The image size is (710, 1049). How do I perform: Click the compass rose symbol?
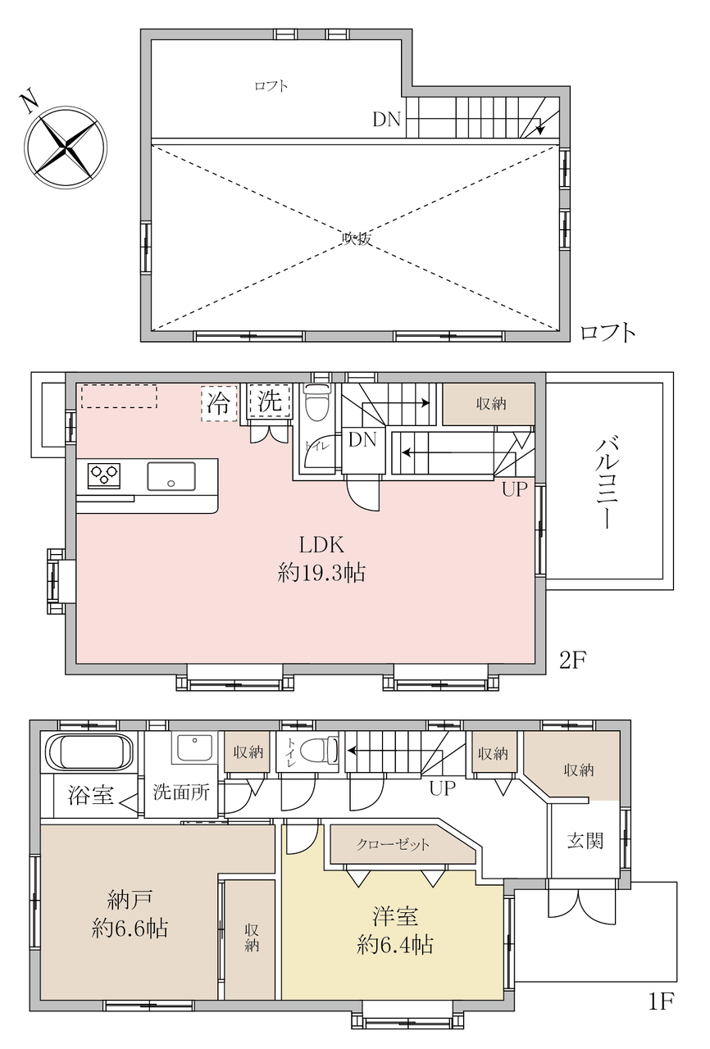(x=66, y=148)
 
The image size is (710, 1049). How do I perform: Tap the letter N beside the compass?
(x=29, y=102)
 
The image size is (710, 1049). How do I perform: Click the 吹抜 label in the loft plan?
(x=357, y=238)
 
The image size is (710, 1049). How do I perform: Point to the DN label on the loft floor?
(x=386, y=120)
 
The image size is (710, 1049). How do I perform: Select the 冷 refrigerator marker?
(x=219, y=402)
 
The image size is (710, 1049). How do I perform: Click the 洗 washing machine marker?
(x=270, y=401)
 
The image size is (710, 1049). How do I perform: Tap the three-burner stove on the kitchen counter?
(x=104, y=476)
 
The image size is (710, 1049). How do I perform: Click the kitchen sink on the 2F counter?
(x=171, y=476)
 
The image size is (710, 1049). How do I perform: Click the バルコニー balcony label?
(x=607, y=484)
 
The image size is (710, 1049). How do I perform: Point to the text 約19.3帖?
(x=321, y=572)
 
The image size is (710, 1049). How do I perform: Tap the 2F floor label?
(x=573, y=661)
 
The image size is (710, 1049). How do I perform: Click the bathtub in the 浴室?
(x=89, y=752)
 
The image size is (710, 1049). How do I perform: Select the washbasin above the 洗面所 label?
(x=193, y=747)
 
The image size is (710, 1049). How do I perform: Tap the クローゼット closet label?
(x=393, y=844)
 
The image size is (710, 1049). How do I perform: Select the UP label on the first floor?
(x=443, y=788)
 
